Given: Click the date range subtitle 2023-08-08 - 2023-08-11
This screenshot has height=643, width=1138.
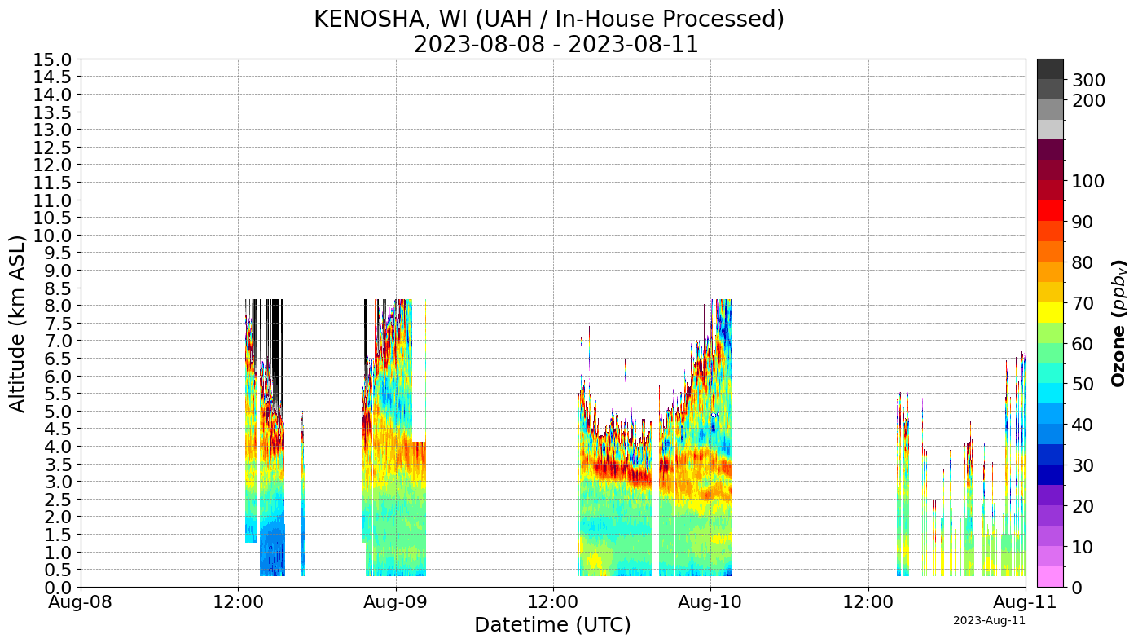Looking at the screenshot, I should click(x=556, y=44).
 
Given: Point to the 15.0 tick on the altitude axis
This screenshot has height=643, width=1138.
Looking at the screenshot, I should click(x=52, y=59).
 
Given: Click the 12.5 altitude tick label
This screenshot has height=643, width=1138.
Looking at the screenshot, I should click(x=52, y=148).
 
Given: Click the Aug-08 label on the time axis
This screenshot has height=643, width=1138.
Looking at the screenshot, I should click(x=81, y=604).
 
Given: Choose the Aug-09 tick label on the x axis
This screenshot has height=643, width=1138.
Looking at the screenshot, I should click(x=396, y=604).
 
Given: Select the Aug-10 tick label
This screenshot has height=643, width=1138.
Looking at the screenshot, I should click(x=710, y=604).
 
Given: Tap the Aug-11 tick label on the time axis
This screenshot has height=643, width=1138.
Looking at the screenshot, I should click(x=1025, y=604).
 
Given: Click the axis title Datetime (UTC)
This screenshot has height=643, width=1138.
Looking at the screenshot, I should click(x=552, y=625).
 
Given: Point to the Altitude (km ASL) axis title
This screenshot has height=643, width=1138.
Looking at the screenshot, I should click(x=18, y=323).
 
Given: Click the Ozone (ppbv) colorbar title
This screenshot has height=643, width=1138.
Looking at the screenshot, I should click(x=1119, y=323).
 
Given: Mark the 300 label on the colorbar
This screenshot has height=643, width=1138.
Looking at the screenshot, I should click(x=1088, y=80).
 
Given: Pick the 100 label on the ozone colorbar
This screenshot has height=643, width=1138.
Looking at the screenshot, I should click(x=1088, y=181).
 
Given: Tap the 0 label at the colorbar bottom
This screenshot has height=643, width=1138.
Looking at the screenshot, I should click(x=1078, y=587).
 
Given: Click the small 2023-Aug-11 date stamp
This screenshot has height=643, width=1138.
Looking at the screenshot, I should click(x=989, y=621).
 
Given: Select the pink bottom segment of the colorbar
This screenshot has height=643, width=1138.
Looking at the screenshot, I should click(x=1050, y=576).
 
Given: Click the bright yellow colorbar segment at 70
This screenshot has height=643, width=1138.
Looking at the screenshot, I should click(x=1050, y=312).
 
